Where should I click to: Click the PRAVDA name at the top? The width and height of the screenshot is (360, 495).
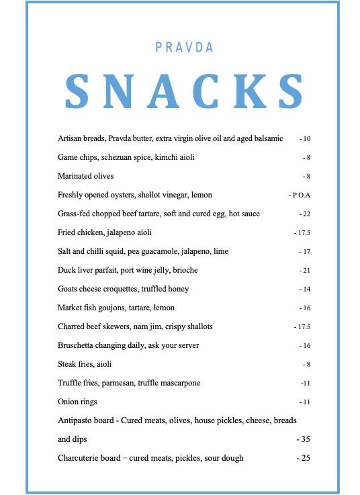(184, 48)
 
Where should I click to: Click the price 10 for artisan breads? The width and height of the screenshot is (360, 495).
(306, 139)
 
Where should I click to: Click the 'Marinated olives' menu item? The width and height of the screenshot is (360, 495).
(86, 176)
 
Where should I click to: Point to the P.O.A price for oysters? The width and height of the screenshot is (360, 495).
(301, 195)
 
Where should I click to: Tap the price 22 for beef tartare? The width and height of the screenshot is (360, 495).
(306, 214)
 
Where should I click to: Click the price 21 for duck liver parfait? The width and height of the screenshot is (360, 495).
(306, 271)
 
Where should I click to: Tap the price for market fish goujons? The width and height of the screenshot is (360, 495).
(306, 308)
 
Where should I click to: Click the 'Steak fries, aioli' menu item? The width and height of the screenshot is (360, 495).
(85, 364)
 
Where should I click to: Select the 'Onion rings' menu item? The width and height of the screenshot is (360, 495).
(78, 402)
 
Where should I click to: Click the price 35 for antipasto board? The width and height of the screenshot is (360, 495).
(304, 439)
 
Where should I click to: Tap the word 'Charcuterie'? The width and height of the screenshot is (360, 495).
(79, 458)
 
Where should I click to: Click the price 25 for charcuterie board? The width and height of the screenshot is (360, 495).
(304, 458)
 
